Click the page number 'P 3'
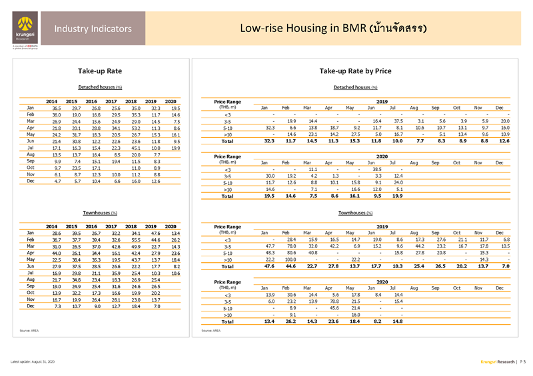tap(522, 361)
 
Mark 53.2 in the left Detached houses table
tap(136, 127)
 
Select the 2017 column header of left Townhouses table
tap(115, 226)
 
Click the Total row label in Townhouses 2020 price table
tap(228, 321)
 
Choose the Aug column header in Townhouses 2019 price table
tap(414, 232)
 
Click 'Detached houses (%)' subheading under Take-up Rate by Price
tap(355, 87)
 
